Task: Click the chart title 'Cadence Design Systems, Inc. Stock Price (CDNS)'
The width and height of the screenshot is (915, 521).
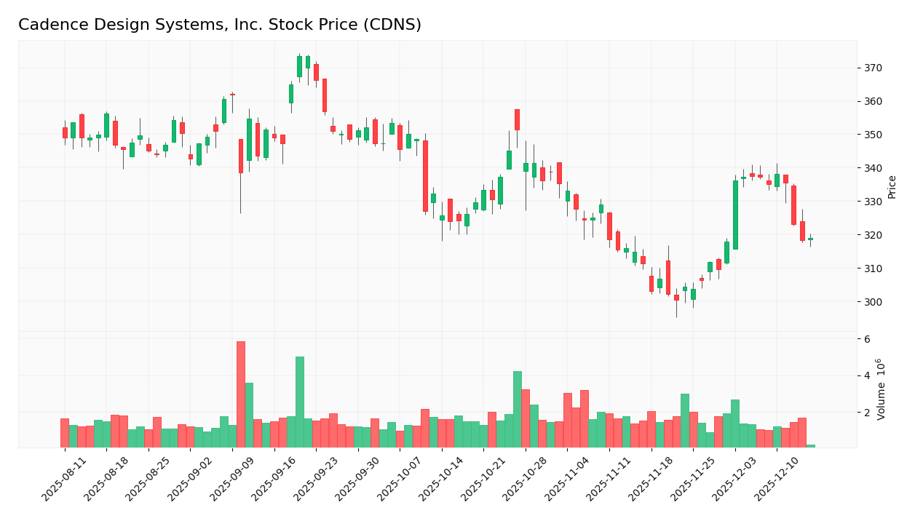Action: pos(219,25)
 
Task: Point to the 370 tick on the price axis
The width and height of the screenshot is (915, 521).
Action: pos(872,68)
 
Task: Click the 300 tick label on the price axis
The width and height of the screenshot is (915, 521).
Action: pos(872,302)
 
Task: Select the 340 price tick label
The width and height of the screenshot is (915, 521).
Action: pos(872,168)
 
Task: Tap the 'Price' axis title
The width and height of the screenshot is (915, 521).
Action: pos(892,186)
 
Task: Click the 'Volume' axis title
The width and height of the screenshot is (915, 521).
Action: pos(882,389)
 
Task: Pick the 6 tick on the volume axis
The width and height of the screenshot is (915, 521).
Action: pos(867,339)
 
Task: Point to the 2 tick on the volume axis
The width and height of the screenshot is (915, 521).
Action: pos(867,413)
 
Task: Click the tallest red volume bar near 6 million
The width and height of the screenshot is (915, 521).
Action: pos(241,394)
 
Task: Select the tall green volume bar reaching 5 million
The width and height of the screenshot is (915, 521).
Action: pos(300,402)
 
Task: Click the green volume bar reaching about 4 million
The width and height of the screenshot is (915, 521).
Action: pos(518,409)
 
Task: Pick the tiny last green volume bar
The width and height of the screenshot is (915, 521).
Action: pos(811,446)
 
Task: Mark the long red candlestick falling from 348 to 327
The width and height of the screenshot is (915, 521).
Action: pos(426,176)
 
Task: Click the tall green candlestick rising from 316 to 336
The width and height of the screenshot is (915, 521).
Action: pos(735,215)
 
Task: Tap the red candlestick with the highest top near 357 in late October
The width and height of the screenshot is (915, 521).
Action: pos(518,120)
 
